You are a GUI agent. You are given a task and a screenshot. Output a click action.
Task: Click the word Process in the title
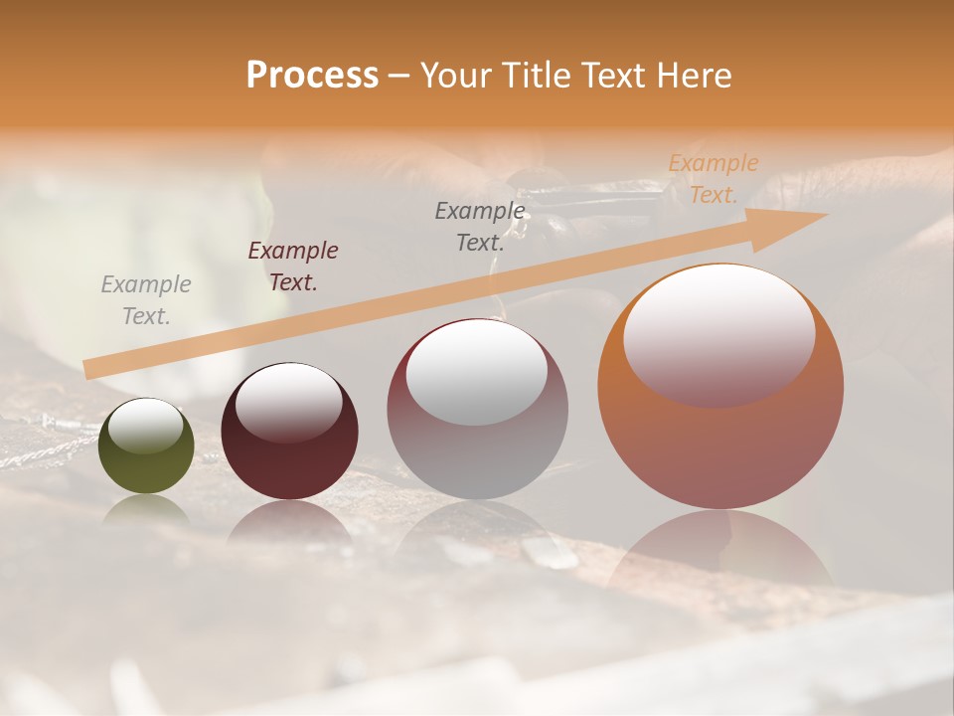(312, 76)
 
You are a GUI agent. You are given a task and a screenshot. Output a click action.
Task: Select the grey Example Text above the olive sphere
(146, 300)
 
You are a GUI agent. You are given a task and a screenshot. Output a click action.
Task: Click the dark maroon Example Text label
(293, 267)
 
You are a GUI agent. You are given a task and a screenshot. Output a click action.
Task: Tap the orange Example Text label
(713, 179)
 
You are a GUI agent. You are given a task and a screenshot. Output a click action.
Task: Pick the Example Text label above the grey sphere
(480, 226)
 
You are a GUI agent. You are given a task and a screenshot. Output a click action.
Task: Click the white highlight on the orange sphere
(718, 333)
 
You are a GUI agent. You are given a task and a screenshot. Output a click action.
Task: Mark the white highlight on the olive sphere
(146, 426)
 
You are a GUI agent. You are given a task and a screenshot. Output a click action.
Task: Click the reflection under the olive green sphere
(146, 509)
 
